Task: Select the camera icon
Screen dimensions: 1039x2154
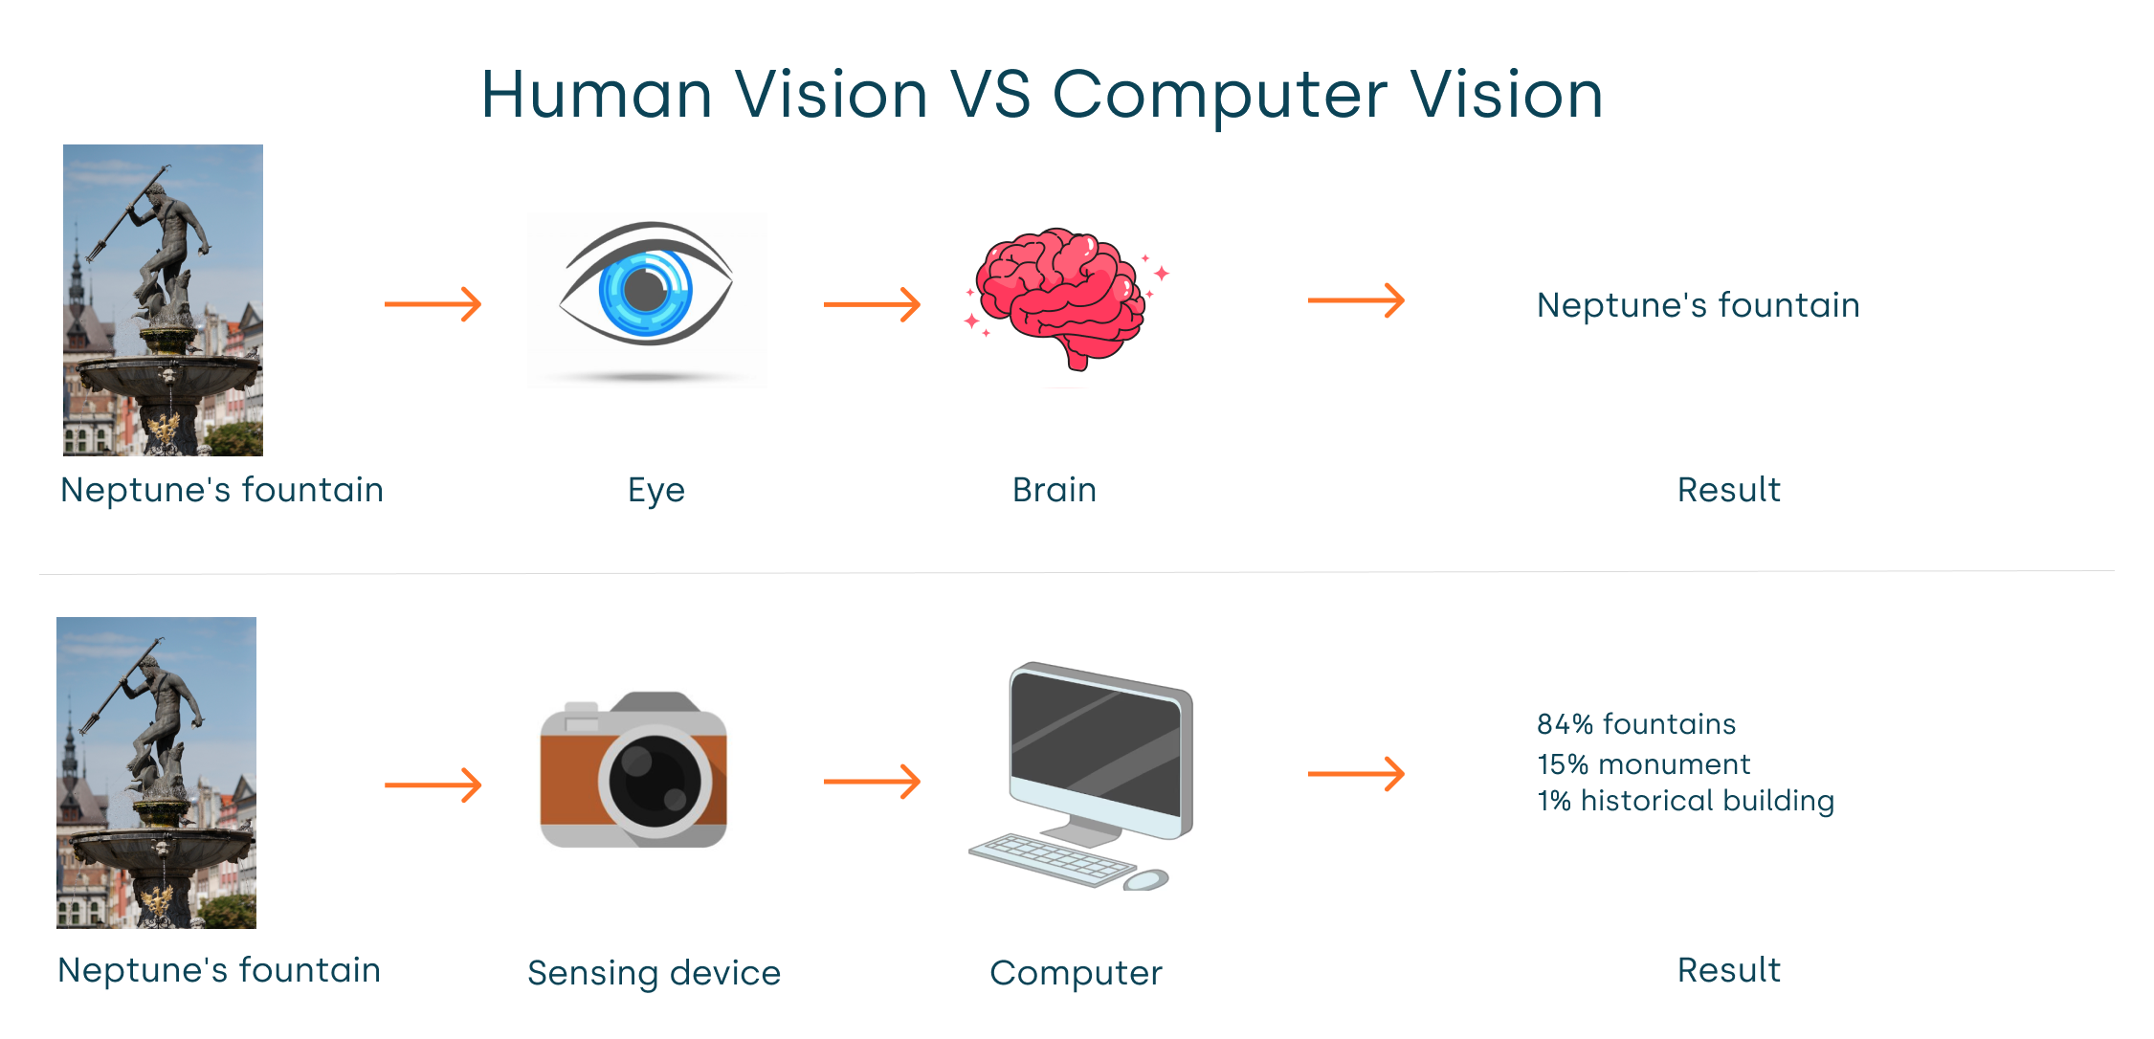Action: pos(633,771)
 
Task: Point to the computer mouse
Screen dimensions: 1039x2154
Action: pos(1146,878)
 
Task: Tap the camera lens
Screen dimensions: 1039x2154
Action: pos(655,781)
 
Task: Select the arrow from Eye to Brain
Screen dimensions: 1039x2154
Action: pos(872,304)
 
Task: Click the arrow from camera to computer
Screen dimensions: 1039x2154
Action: pos(872,782)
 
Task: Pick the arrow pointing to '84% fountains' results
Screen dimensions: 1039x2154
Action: pos(1356,773)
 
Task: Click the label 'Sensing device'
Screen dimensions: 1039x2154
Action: pos(655,973)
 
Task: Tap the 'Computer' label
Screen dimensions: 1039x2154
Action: pos(1076,973)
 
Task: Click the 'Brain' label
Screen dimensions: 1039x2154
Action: pos(1055,490)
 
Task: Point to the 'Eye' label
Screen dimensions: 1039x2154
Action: pos(656,490)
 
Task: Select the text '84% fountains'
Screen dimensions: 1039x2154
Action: pos(1636,724)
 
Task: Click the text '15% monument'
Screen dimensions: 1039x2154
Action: pos(1644,764)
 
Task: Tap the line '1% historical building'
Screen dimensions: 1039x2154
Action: pos(1685,801)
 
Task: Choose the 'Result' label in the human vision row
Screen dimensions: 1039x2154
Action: pos(1729,490)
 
